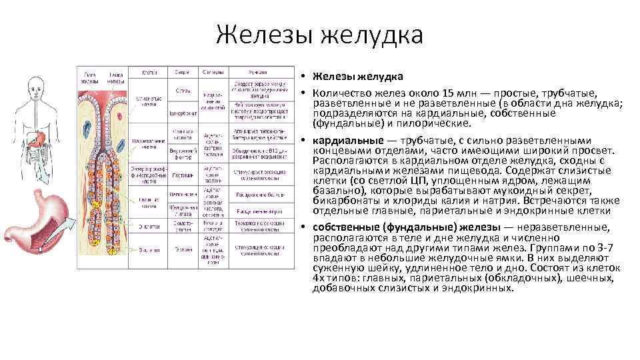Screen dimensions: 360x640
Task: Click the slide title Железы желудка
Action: coord(319,34)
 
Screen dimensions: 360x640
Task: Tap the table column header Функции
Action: coord(258,72)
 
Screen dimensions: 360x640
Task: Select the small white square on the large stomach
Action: coord(40,249)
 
